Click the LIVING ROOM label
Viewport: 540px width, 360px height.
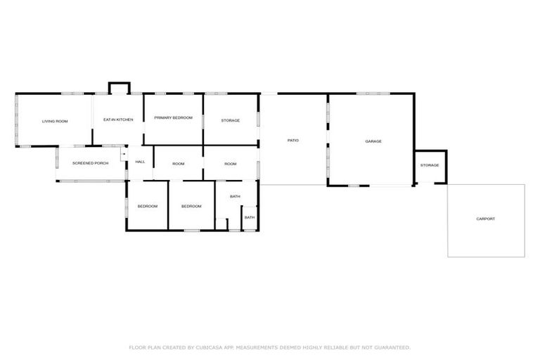click(55, 122)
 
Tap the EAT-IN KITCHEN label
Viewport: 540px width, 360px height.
click(118, 120)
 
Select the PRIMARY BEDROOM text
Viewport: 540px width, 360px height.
click(173, 117)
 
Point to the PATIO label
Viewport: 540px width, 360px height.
click(293, 141)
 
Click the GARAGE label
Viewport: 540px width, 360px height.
click(373, 141)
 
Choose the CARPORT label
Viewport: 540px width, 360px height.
click(486, 219)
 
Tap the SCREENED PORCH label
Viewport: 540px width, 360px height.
click(91, 163)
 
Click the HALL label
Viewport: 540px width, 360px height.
click(141, 162)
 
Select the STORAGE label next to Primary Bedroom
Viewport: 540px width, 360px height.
click(230, 120)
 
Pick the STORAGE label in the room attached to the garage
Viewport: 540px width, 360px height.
click(430, 165)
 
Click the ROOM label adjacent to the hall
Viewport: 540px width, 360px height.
click(179, 164)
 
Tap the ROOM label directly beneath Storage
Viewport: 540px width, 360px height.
click(230, 164)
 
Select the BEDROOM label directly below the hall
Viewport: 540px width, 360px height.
click(147, 206)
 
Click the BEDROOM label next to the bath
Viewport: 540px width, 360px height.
click(191, 206)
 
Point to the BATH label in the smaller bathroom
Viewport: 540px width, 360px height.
click(250, 217)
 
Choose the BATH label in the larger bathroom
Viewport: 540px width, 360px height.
click(235, 196)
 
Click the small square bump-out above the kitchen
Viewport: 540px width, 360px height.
click(119, 89)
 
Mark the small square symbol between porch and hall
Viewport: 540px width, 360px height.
click(124, 153)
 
